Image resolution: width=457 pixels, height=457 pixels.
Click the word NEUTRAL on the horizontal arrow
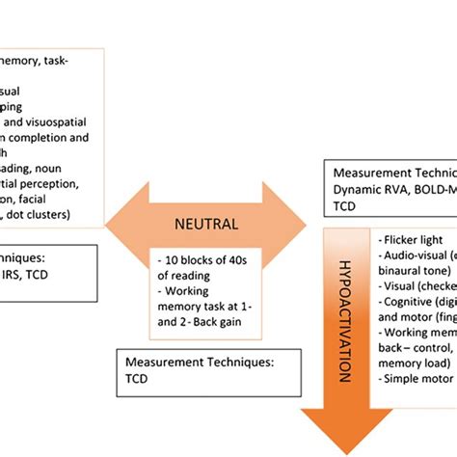click(206, 224)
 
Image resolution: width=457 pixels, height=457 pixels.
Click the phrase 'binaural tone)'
click(415, 272)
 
